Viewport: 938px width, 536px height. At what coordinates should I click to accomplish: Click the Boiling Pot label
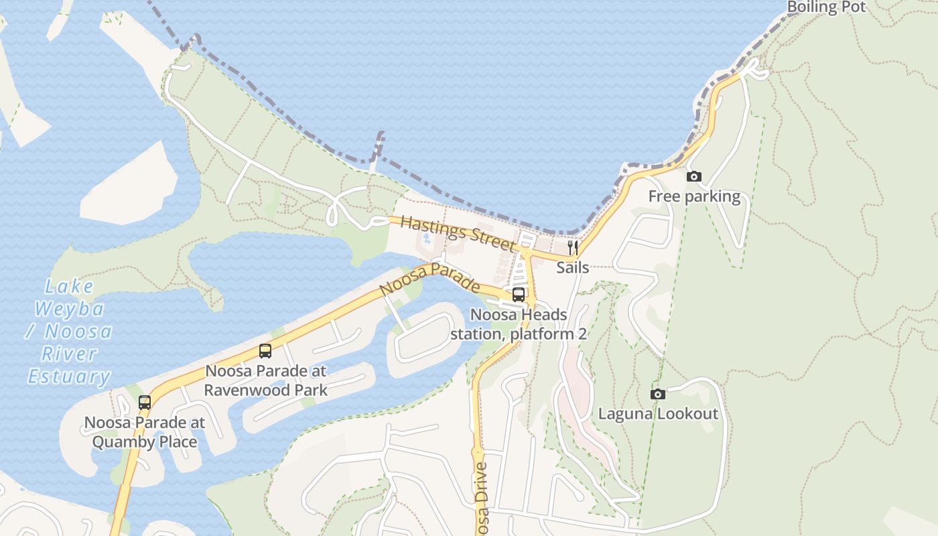(x=826, y=7)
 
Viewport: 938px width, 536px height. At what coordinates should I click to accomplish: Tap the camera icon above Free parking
(x=694, y=177)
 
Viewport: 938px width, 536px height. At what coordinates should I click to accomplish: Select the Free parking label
(x=694, y=196)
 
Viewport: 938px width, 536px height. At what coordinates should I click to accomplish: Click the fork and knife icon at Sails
(x=573, y=248)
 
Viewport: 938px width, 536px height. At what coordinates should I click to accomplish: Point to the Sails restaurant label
(x=573, y=267)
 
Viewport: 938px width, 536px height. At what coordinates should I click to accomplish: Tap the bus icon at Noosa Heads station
(x=519, y=295)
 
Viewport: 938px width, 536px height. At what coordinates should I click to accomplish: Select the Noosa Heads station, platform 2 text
(x=519, y=324)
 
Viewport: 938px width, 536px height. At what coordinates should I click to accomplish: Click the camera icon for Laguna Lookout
(x=658, y=394)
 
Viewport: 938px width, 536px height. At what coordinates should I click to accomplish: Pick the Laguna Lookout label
(x=658, y=413)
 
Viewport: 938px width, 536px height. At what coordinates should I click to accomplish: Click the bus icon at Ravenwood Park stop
(x=265, y=351)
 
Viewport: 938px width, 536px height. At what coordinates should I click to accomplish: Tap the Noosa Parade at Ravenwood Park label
(x=265, y=380)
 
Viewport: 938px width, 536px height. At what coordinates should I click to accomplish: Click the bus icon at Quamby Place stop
(x=145, y=403)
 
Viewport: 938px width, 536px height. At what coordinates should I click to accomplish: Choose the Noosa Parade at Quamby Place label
(x=145, y=432)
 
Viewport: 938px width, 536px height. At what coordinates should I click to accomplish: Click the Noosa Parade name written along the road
(x=429, y=279)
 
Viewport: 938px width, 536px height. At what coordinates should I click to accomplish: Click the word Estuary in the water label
(x=69, y=377)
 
